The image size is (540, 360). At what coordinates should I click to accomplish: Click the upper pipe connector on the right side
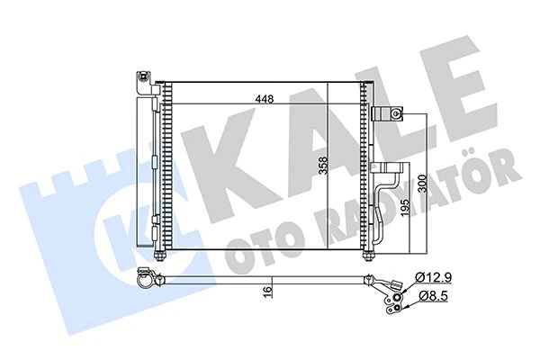tap(389, 114)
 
